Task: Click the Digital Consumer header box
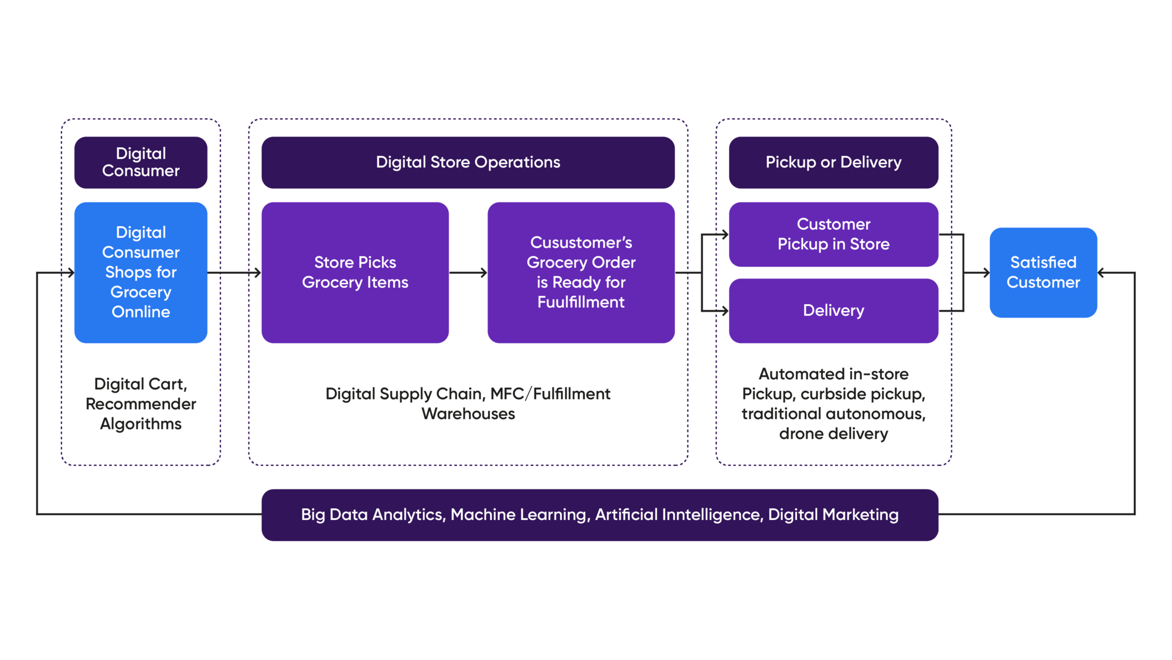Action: (141, 162)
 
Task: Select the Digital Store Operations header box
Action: (468, 162)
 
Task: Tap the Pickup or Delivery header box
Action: (833, 162)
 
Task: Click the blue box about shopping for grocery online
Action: (141, 272)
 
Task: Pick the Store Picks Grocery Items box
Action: (355, 272)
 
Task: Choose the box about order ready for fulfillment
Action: (581, 272)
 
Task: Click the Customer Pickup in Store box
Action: (833, 234)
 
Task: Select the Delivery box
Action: (833, 310)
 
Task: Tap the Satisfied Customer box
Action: (1043, 272)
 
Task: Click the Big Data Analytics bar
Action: (599, 515)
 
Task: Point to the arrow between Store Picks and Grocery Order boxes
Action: (468, 273)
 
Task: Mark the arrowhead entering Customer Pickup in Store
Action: (724, 235)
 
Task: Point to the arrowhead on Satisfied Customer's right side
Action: (1102, 273)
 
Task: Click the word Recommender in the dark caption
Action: (141, 404)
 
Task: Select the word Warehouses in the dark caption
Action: (468, 414)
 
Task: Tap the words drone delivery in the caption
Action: (833, 434)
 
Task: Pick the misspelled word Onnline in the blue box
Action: (141, 312)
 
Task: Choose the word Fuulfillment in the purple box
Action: (581, 302)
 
